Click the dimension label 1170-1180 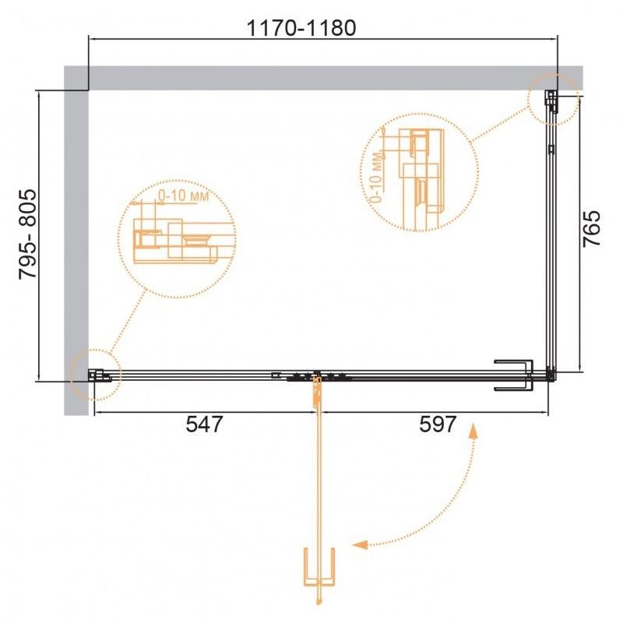301,28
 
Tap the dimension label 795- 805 28,234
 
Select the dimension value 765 592,228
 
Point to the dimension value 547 205,424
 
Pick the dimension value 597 438,424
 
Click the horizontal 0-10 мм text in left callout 184,195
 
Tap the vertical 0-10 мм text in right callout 376,178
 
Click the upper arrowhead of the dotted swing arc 473,431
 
